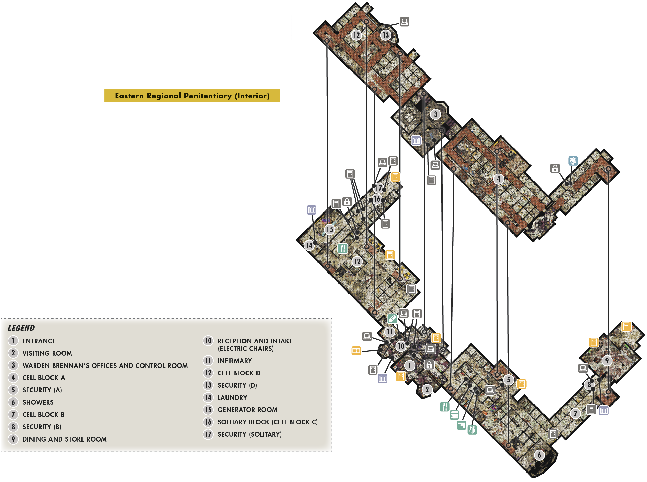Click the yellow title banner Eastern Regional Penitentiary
[x=192, y=96]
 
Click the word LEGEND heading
[x=21, y=328]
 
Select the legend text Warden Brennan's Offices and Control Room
[x=105, y=365]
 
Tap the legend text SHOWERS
[x=38, y=402]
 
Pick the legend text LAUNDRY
[x=232, y=398]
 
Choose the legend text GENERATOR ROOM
[x=248, y=410]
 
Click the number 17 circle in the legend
[x=208, y=434]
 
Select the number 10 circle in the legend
[x=208, y=341]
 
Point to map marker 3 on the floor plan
[x=435, y=114]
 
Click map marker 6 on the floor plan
[x=539, y=455]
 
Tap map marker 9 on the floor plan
[x=607, y=361]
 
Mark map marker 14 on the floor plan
[x=309, y=245]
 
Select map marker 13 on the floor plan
[x=386, y=35]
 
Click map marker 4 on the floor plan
[x=498, y=179]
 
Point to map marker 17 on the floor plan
[x=378, y=188]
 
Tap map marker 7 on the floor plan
[x=575, y=413]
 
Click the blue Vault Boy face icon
[x=573, y=161]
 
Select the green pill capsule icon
[x=392, y=319]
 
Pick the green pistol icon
[x=461, y=425]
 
